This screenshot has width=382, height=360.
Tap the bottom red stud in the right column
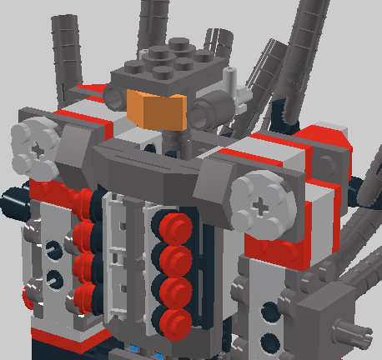(174, 320)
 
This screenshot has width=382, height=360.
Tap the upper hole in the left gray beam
(53, 246)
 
